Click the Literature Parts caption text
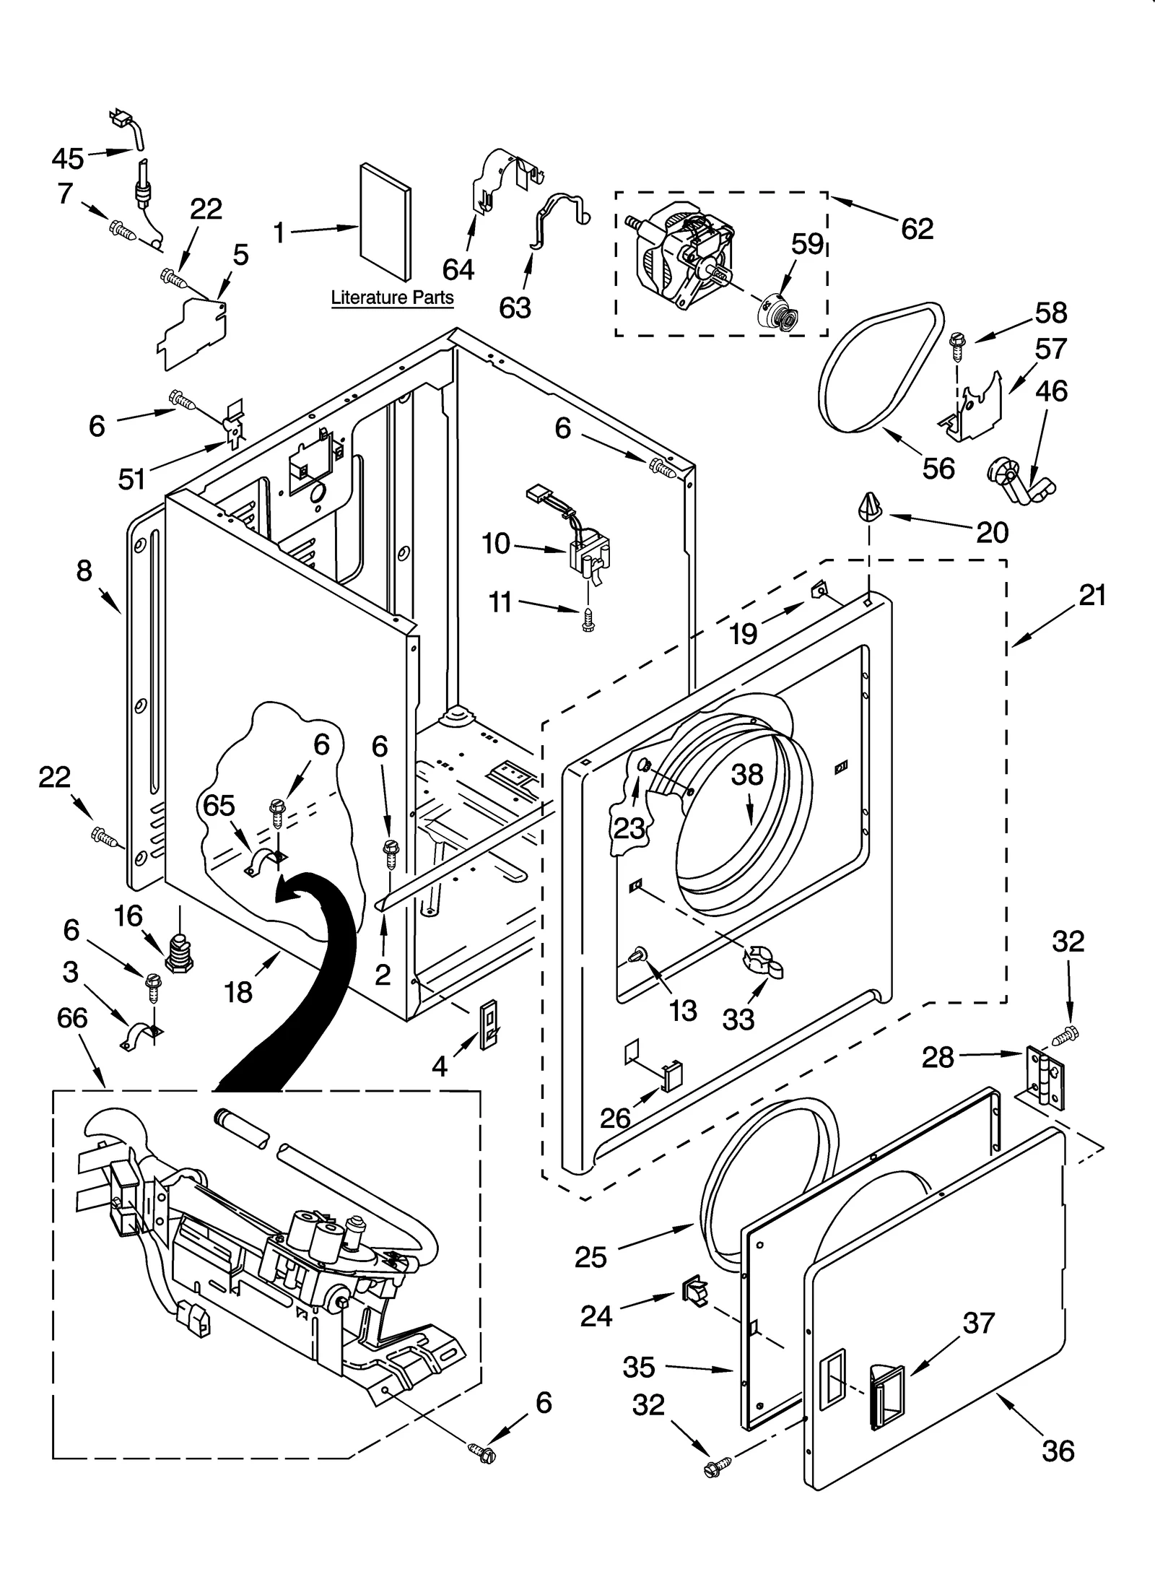coord(392,297)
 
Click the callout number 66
coord(72,1018)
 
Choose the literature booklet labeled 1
coord(385,222)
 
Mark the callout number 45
coord(68,157)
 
